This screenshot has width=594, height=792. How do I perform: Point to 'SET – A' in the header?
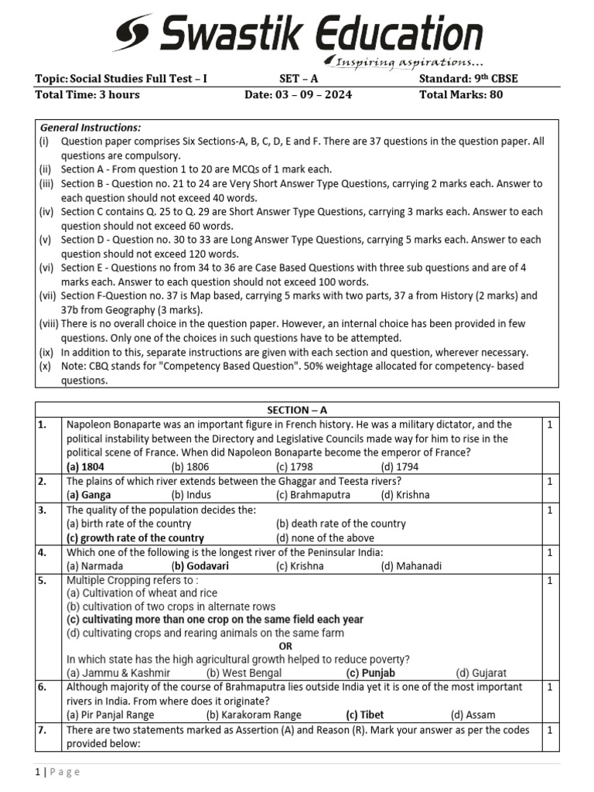[298, 79]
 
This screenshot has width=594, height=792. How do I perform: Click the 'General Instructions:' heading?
[90, 128]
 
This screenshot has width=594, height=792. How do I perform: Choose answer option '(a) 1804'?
[85, 466]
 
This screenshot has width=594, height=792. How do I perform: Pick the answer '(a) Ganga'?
[88, 494]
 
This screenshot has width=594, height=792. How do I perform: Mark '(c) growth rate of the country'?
[135, 538]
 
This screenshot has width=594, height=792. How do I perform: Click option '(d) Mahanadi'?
[411, 565]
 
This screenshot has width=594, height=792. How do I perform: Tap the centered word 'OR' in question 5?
[285, 646]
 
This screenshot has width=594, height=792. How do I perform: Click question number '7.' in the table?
[42, 730]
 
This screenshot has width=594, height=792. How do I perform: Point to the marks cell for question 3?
[549, 510]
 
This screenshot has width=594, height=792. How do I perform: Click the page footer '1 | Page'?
[57, 772]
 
